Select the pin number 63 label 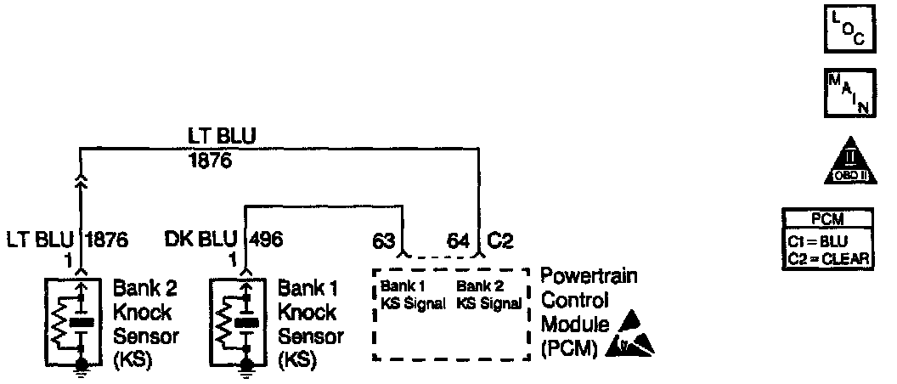coord(385,241)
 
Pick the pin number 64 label coord(460,241)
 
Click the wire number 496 coord(267,240)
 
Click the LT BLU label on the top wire coord(223,136)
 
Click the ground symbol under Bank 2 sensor coord(82,366)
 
